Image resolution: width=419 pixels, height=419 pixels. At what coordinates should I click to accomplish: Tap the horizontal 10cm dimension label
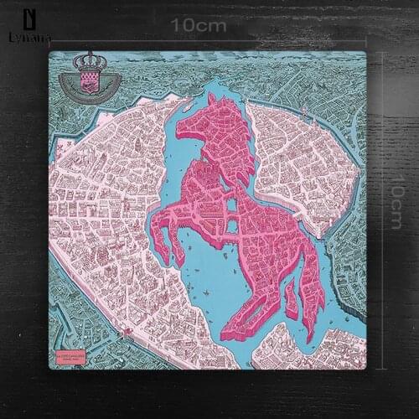199,25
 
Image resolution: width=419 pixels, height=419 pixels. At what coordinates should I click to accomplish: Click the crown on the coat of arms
86,62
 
